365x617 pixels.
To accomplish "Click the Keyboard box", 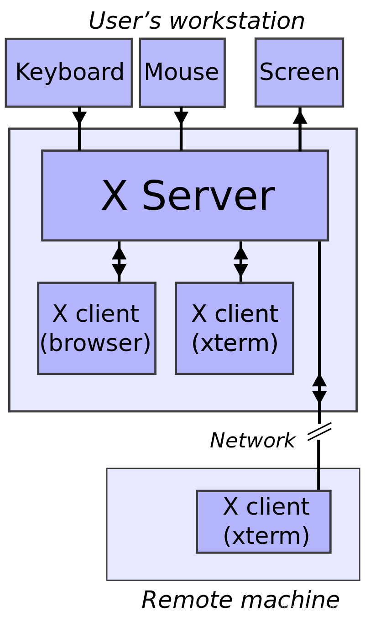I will click(x=69, y=73).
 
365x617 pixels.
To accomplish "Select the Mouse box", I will click(x=182, y=73).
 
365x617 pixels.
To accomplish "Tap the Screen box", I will click(x=299, y=73).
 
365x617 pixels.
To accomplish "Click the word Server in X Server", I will click(x=208, y=196).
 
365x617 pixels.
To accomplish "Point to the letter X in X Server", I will click(x=114, y=196).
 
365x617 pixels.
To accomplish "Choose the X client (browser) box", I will click(x=97, y=328).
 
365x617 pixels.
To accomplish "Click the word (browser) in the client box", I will click(x=95, y=343).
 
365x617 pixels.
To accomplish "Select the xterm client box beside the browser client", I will click(x=235, y=328).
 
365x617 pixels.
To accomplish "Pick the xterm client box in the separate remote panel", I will click(x=264, y=521).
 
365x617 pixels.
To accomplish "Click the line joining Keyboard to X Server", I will click(x=79, y=140).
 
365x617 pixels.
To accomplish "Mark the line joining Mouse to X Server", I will click(x=181, y=140).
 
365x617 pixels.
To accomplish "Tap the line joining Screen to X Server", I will click(x=300, y=140).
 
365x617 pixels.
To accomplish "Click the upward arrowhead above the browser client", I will click(x=119, y=253).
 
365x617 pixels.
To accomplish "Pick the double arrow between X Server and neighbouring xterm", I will click(x=241, y=261).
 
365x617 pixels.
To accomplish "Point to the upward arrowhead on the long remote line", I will click(x=319, y=380).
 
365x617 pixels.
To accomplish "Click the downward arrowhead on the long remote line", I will click(x=319, y=397).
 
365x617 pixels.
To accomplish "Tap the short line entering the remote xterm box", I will click(x=318, y=479).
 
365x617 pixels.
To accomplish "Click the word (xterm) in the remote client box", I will click(x=266, y=536).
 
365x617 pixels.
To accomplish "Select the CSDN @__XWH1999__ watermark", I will click(x=318, y=608).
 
